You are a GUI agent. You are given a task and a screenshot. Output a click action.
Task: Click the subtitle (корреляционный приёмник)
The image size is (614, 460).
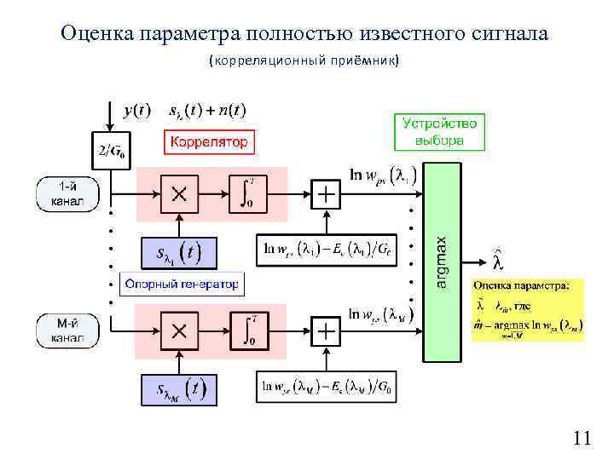tap(304, 61)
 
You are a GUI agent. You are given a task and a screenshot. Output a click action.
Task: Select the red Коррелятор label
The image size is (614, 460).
tap(208, 141)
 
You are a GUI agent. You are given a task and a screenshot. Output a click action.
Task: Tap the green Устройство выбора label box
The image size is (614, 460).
tap(439, 131)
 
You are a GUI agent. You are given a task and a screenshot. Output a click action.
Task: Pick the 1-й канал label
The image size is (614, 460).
tap(70, 194)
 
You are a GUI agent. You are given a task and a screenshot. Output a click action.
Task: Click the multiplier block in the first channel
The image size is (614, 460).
tap(179, 194)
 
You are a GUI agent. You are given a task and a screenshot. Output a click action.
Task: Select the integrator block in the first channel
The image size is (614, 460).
tap(253, 194)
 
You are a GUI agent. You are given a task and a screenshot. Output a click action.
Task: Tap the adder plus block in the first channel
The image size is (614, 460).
tap(327, 194)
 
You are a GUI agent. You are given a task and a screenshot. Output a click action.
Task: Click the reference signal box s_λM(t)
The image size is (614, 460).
tap(179, 389)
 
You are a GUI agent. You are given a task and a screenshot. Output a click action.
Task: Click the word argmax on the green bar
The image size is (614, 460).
tap(441, 260)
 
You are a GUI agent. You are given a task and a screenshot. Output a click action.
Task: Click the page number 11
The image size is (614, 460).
tap(582, 439)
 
